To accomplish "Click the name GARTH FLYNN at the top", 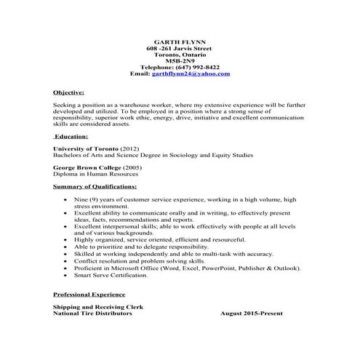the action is click(x=180, y=41).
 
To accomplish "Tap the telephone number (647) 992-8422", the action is click(x=195, y=67).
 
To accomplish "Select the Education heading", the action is click(x=71, y=136).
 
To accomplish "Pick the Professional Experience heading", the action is click(x=88, y=295).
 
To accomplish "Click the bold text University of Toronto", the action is click(x=86, y=148).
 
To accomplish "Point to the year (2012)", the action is click(x=135, y=148).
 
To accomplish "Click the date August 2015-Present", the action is click(x=252, y=313).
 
